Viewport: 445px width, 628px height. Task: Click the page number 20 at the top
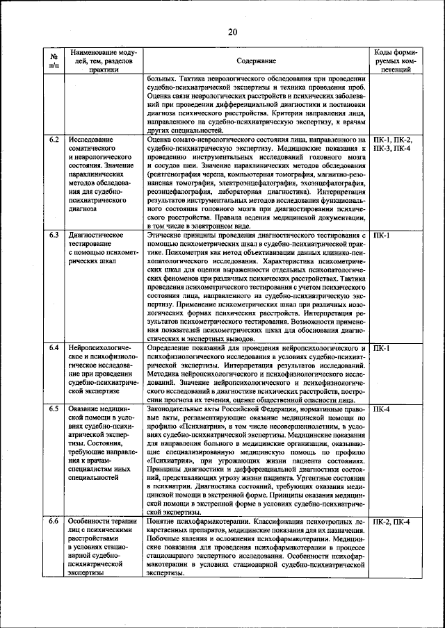232,31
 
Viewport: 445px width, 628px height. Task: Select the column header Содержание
256,61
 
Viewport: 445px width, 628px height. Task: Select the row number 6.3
54,235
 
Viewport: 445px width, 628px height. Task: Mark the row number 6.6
54,521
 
